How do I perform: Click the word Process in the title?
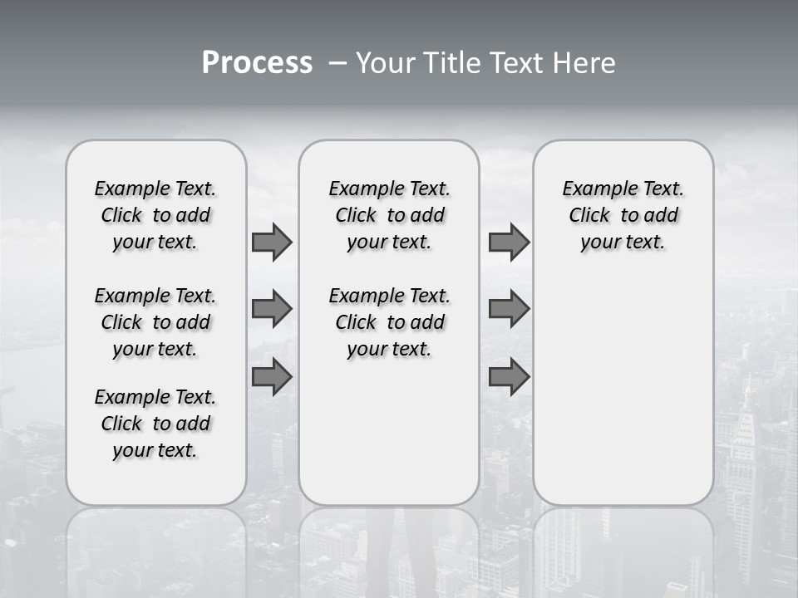click(x=257, y=62)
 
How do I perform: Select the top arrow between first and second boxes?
click(x=272, y=242)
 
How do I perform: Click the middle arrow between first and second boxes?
click(x=272, y=309)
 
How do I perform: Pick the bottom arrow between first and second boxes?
click(x=272, y=377)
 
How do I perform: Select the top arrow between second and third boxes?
click(x=509, y=242)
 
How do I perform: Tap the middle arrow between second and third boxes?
click(x=509, y=309)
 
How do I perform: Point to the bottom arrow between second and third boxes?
click(x=509, y=377)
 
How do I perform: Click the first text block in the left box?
click(x=155, y=215)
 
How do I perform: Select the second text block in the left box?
click(x=155, y=322)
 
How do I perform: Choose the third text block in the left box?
click(x=155, y=424)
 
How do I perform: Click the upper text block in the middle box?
click(x=389, y=215)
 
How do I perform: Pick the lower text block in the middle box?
click(x=389, y=322)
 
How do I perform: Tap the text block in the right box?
click(x=623, y=215)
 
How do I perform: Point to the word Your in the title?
click(x=385, y=62)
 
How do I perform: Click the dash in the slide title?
click(x=337, y=62)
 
